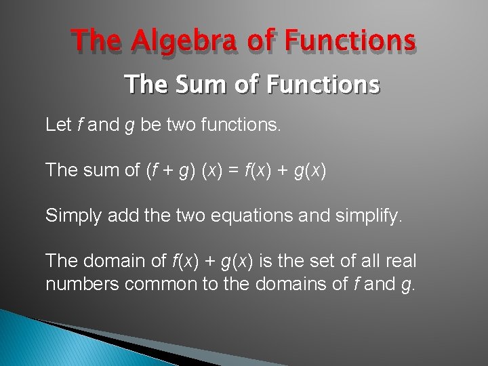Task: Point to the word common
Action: pyautogui.click(x=161, y=283)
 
